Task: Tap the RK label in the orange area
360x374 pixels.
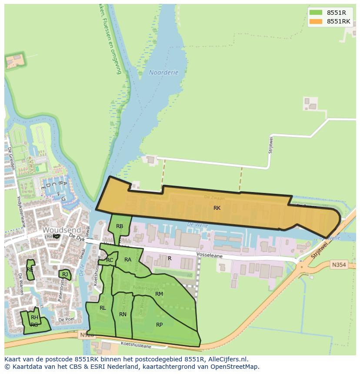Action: pyautogui.click(x=217, y=208)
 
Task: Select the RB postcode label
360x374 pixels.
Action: pyautogui.click(x=120, y=226)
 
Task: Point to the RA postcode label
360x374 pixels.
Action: pyautogui.click(x=128, y=260)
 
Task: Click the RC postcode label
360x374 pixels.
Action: pyautogui.click(x=110, y=260)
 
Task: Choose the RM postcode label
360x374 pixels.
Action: pyautogui.click(x=159, y=294)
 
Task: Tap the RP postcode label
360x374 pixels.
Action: pyautogui.click(x=159, y=325)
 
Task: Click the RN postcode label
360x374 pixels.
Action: pyautogui.click(x=123, y=314)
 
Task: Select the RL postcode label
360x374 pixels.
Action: pyautogui.click(x=103, y=308)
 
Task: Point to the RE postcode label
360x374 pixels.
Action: pyautogui.click(x=30, y=270)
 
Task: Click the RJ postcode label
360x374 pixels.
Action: pyautogui.click(x=65, y=275)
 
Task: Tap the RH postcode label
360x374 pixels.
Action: pyautogui.click(x=34, y=318)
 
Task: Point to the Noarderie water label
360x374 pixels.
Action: pyautogui.click(x=163, y=73)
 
